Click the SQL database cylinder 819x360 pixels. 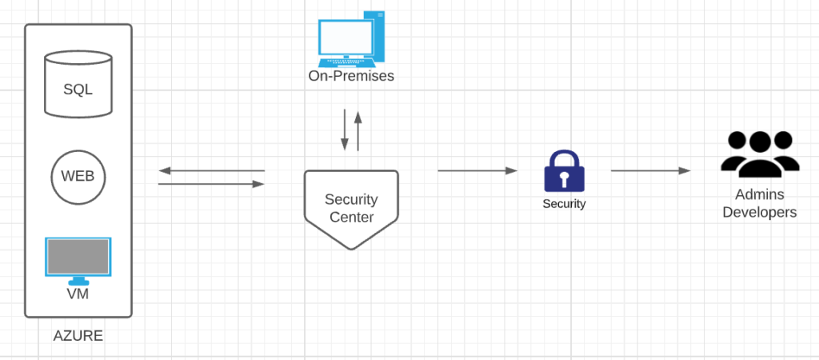point(78,85)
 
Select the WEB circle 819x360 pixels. point(78,175)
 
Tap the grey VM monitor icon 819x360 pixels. point(78,258)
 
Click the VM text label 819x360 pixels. point(78,294)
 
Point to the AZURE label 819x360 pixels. point(78,336)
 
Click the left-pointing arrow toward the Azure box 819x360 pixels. point(211,170)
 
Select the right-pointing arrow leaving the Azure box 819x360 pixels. point(211,184)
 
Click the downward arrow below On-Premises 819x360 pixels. point(345,130)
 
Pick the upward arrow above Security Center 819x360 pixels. point(358,130)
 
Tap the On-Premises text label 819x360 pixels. point(351,77)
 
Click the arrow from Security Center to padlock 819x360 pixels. point(477,170)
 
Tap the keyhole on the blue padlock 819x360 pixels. point(564,178)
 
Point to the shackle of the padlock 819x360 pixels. point(564,157)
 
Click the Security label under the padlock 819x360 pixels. point(564,204)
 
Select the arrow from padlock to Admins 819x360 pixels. point(650,170)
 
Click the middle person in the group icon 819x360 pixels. point(760,152)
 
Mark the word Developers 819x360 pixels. point(760,213)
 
